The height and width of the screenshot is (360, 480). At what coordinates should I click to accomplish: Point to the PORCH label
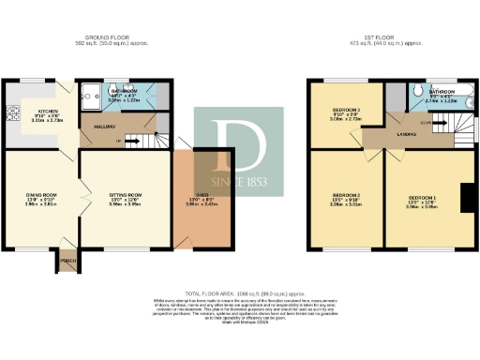point(67,260)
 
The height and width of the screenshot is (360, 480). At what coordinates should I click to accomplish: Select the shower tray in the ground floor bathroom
point(91,93)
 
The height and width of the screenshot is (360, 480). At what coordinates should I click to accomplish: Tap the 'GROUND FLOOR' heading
point(102,38)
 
